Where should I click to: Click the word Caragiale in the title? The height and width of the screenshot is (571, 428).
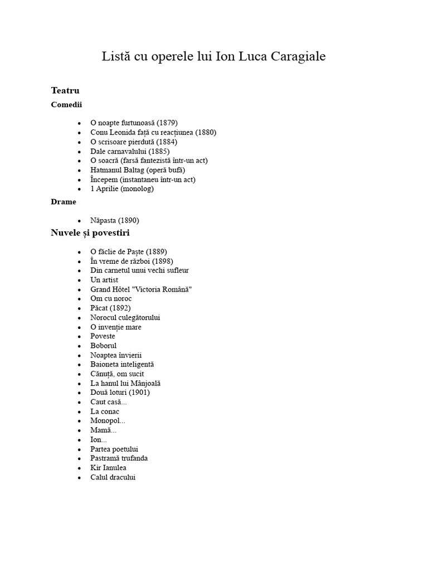coord(295,56)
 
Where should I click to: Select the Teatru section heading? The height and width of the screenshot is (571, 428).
coord(65,90)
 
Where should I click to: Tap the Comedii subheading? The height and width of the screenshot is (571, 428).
coord(66,104)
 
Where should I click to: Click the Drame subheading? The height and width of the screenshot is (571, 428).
coord(64,202)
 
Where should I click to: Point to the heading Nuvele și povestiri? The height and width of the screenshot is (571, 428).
coord(90,233)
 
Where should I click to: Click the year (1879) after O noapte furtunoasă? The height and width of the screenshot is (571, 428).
coord(167,123)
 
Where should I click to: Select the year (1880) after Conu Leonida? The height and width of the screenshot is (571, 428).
coord(206,132)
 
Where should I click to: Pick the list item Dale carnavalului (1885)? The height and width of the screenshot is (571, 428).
coord(130,151)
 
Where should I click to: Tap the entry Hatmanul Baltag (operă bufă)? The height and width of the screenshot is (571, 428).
coord(138,170)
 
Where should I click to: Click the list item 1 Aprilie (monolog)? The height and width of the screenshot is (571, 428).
coord(122,188)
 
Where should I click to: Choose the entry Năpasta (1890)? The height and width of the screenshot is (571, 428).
coord(115,220)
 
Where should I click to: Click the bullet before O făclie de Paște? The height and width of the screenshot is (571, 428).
coord(80,252)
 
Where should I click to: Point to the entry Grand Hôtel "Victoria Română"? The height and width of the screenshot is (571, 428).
coord(141,289)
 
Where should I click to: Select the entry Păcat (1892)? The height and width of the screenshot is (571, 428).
coord(110,308)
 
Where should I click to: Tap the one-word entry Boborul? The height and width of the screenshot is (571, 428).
coord(104,346)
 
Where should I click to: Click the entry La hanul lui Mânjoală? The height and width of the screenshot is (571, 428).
coord(125,383)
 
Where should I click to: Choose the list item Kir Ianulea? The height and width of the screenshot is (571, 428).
coord(108,468)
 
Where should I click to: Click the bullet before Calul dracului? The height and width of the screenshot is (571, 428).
coord(80,478)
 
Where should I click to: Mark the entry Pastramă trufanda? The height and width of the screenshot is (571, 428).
coord(119,458)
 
